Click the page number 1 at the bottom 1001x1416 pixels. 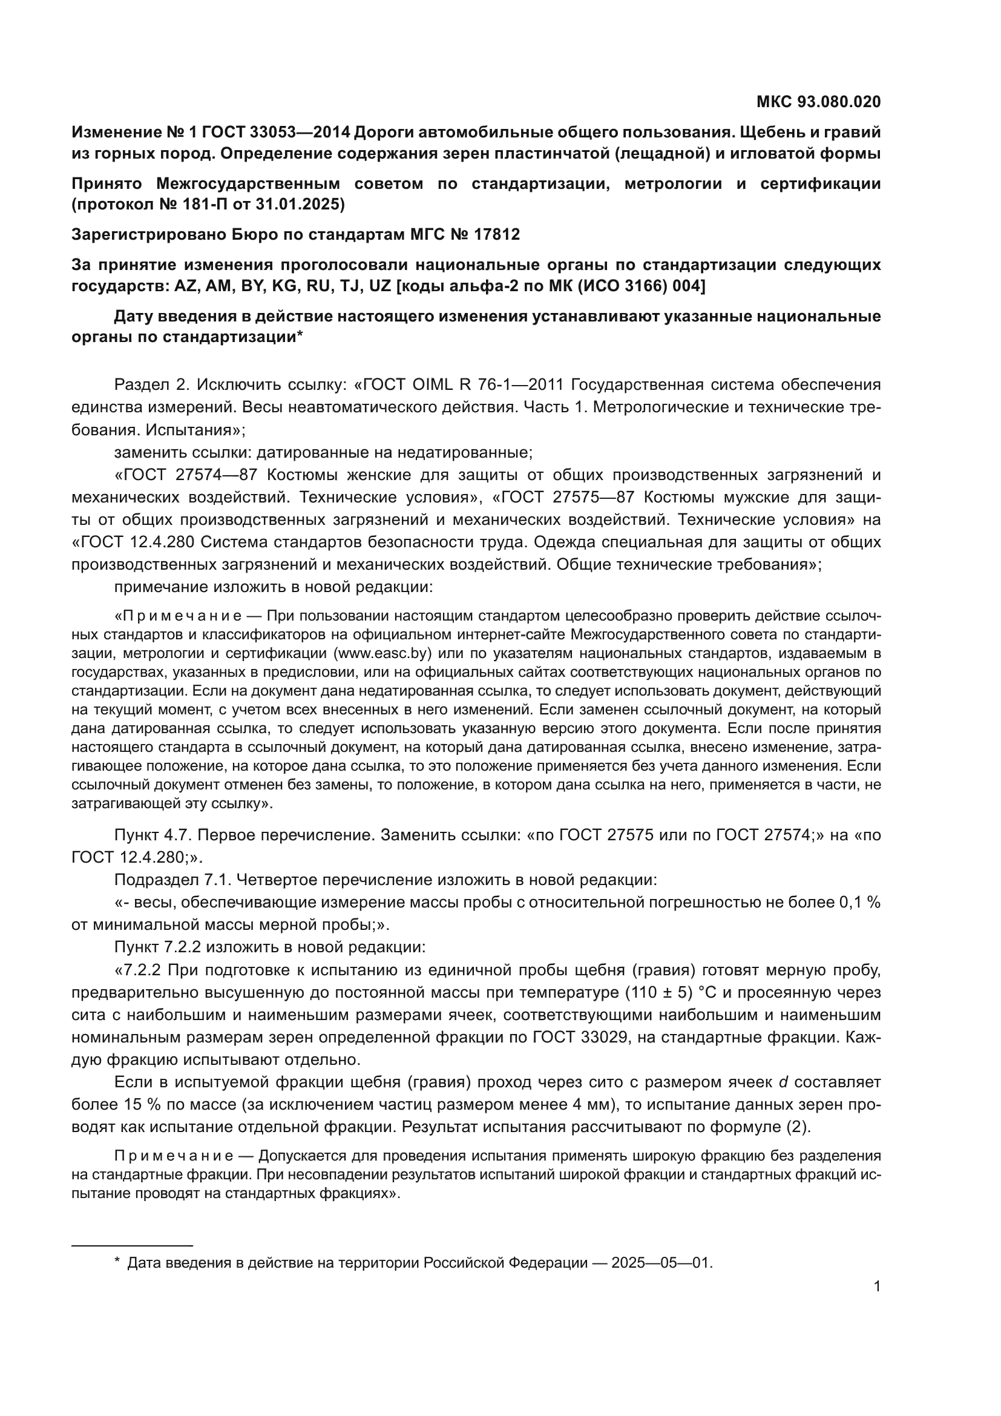(876, 1286)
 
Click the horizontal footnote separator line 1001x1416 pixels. (132, 1246)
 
